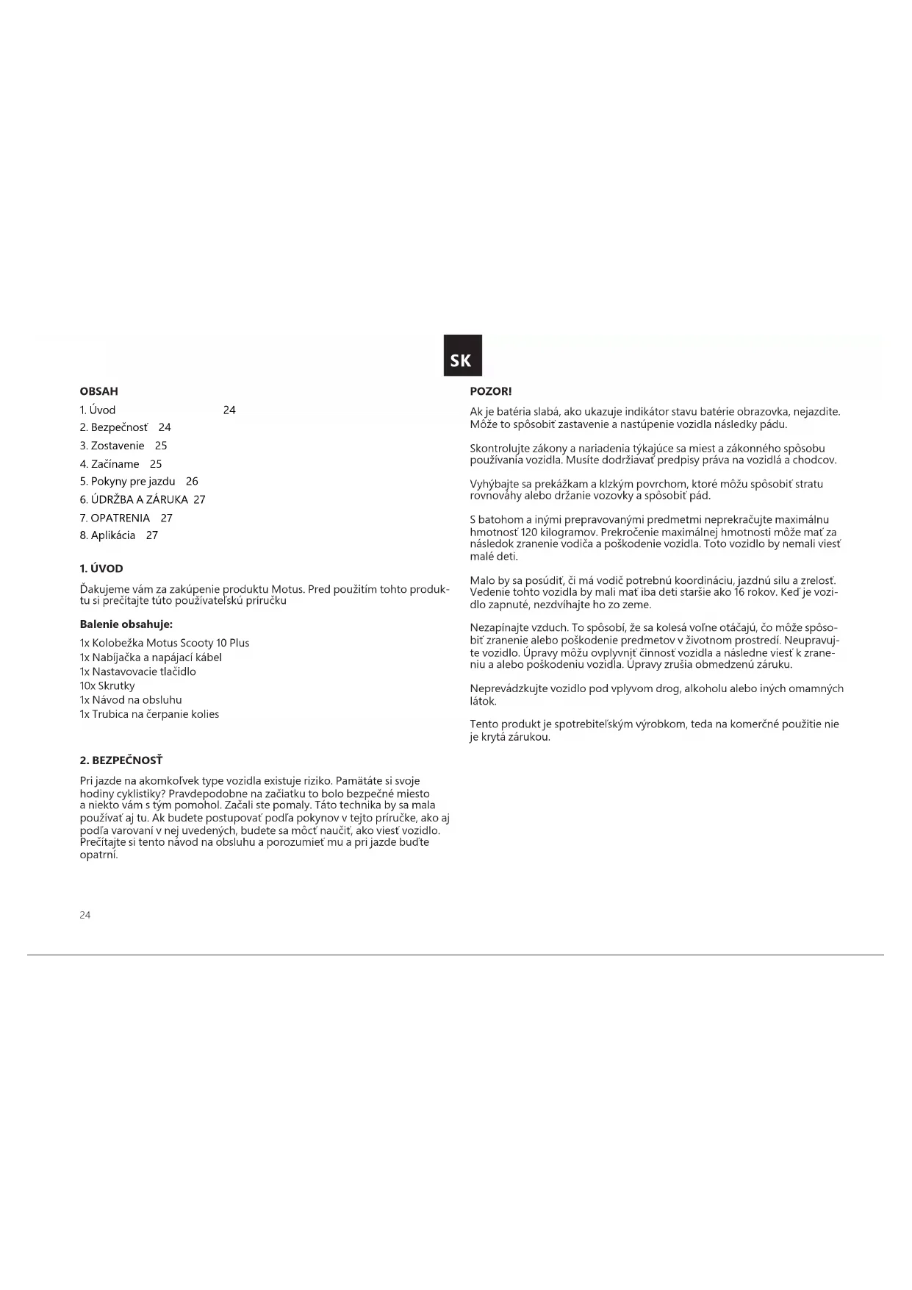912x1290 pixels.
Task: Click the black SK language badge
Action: (x=462, y=356)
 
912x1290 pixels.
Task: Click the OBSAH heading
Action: (x=98, y=392)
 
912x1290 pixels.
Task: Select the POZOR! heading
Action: (x=490, y=392)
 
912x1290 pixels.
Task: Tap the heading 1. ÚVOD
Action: (x=101, y=569)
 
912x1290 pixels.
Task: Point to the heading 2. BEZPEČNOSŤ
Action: (x=121, y=760)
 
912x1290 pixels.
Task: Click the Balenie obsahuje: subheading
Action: (x=126, y=624)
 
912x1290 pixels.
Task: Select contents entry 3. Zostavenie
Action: (x=112, y=446)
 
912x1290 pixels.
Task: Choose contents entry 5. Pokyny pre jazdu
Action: (x=128, y=482)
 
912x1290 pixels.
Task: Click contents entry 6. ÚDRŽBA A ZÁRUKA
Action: (x=134, y=500)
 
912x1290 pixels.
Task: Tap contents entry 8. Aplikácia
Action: (x=107, y=535)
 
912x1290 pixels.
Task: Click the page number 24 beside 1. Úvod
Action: (x=229, y=410)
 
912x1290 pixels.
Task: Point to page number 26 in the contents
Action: (x=192, y=482)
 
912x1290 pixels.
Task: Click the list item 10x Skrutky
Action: (x=107, y=686)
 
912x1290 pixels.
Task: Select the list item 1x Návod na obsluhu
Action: (x=131, y=700)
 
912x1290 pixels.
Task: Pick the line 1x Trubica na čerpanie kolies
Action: (x=149, y=714)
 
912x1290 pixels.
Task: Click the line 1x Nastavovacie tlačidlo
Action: (x=137, y=672)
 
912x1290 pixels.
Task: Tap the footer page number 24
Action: (x=85, y=915)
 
